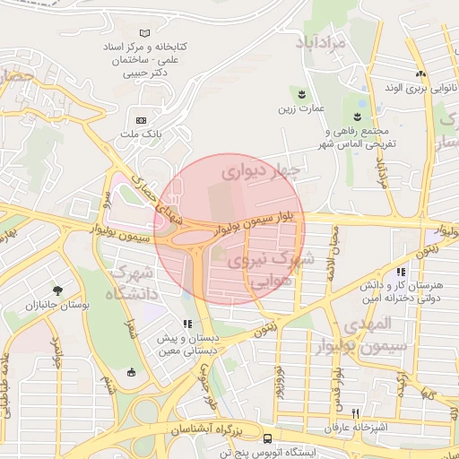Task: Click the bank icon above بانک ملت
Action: pos(141,120)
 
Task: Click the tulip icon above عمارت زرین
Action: pos(301,93)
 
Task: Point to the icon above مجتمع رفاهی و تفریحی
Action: pos(358,117)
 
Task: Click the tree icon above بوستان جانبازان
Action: pos(58,290)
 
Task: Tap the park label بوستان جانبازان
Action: pos(58,307)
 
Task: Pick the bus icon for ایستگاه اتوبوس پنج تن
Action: pos(268,437)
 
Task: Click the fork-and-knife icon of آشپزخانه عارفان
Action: pos(357,413)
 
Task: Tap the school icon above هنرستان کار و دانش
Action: pos(401,271)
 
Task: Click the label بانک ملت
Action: pos(141,134)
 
